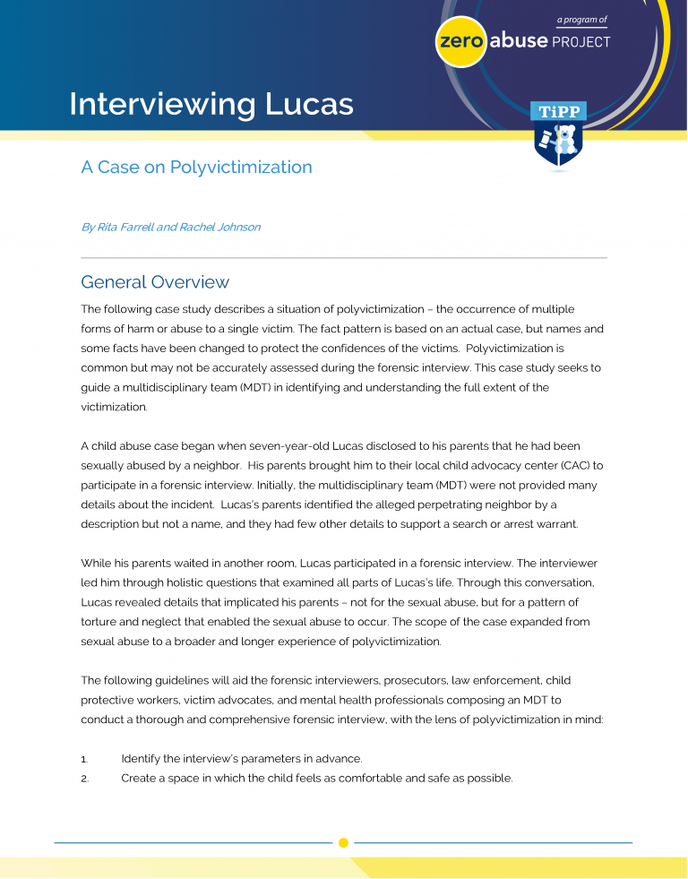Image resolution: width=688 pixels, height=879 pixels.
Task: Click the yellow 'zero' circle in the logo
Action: (460, 42)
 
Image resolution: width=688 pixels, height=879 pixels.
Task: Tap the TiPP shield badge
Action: (559, 134)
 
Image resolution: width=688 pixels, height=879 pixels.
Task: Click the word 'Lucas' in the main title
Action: (309, 104)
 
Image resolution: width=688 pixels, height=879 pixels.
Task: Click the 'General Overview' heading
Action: (155, 282)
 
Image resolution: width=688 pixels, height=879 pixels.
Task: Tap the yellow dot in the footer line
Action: (343, 842)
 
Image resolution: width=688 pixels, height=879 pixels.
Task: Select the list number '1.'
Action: (85, 759)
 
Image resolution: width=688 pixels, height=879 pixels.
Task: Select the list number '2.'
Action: (85, 778)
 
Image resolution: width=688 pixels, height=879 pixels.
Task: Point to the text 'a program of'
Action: (580, 19)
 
